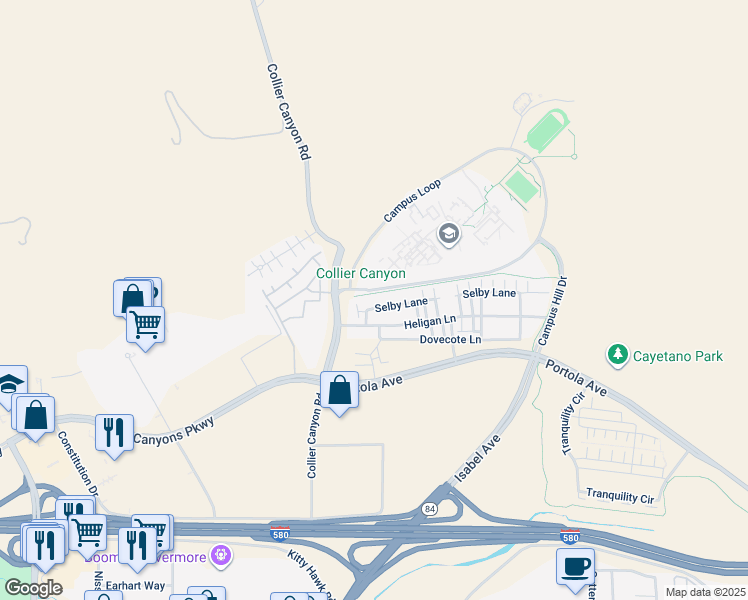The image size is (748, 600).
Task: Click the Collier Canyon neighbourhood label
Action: point(361,273)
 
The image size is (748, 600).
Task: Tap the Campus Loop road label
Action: point(412,201)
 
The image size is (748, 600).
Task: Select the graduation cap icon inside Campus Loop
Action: point(449,235)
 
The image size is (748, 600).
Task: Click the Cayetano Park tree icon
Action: point(618,355)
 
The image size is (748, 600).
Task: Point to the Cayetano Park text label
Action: point(680,355)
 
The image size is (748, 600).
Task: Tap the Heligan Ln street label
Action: point(430,324)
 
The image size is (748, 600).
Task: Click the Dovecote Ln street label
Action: point(450,340)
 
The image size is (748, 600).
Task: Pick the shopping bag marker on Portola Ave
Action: point(339,390)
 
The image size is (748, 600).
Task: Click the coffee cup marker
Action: point(575,565)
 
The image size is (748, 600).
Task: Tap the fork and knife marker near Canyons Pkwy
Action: point(113,432)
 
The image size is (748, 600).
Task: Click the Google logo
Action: point(34,587)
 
